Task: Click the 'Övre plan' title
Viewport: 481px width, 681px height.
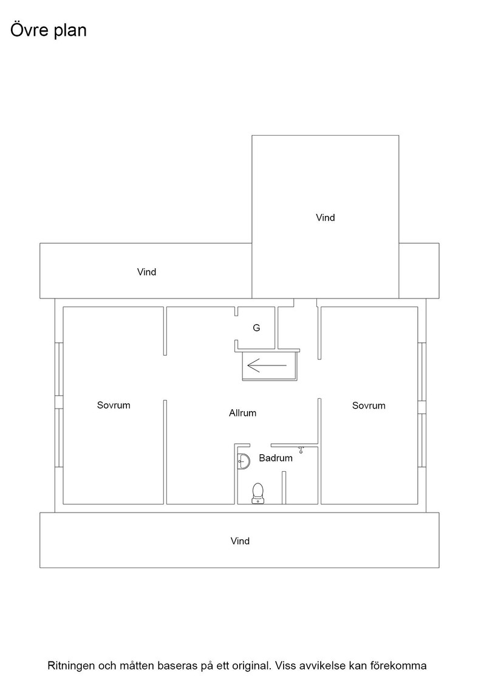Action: click(48, 30)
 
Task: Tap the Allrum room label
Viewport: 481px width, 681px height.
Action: click(242, 413)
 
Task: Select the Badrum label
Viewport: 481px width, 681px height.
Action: click(275, 458)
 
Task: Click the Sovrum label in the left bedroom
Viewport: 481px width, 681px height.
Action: click(114, 405)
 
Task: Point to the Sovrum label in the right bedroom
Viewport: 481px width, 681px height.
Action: click(369, 406)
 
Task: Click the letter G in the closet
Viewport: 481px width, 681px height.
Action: click(256, 328)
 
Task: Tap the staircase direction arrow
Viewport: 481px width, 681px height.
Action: click(267, 365)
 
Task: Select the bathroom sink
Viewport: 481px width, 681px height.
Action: click(244, 461)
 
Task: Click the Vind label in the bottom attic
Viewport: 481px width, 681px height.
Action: click(240, 541)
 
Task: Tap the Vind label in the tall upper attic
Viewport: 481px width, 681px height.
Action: click(326, 218)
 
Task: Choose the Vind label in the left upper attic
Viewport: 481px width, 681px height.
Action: click(146, 272)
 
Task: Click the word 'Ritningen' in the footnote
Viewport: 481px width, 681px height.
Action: click(71, 666)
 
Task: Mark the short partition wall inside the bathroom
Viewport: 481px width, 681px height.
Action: click(284, 488)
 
